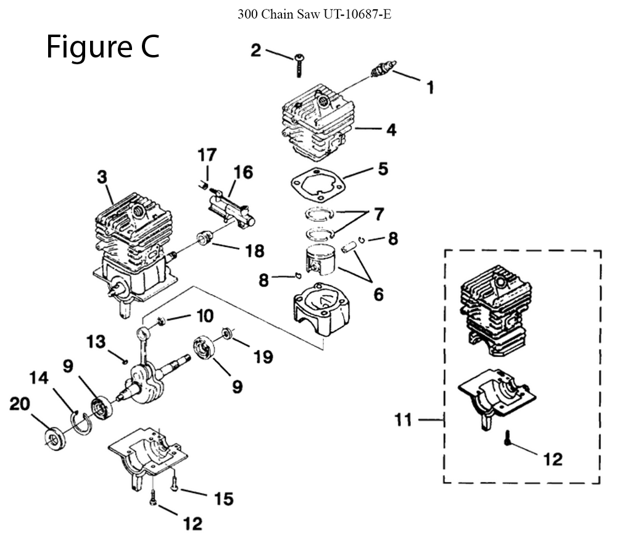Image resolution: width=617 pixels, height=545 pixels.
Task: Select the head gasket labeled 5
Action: (x=318, y=185)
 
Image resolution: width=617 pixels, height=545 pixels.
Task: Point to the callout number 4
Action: (x=391, y=130)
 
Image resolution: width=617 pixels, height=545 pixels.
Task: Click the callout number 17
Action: (x=207, y=155)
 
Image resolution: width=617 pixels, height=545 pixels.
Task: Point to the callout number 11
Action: (x=403, y=420)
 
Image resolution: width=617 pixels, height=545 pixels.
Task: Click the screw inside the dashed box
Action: (x=508, y=437)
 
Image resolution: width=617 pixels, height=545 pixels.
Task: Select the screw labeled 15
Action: (x=175, y=482)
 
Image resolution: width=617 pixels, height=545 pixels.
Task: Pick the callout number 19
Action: (x=263, y=357)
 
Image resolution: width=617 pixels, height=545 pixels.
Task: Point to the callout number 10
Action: (x=205, y=316)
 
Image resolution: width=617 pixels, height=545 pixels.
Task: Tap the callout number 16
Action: (x=243, y=172)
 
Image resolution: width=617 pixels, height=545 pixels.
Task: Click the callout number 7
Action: (x=378, y=214)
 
